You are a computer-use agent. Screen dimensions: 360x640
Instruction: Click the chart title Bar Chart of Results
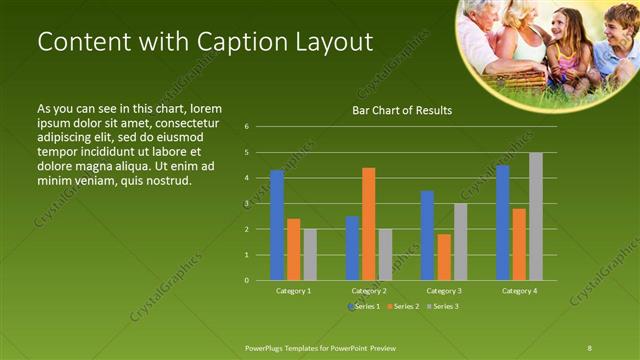pos(401,110)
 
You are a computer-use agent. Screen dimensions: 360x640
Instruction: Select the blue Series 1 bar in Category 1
pos(277,225)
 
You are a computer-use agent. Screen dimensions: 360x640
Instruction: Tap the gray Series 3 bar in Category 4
pos(536,216)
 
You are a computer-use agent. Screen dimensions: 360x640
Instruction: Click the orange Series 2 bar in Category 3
pos(444,257)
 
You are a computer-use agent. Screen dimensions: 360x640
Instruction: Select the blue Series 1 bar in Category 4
pos(502,222)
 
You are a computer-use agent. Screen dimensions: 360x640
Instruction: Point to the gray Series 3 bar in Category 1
pos(310,254)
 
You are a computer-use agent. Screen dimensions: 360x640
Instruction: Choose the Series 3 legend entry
pos(444,305)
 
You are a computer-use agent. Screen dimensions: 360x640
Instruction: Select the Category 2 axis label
pos(369,290)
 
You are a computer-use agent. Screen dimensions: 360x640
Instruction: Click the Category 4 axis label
pos(519,290)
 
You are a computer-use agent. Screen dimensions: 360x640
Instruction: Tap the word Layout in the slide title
pos(334,42)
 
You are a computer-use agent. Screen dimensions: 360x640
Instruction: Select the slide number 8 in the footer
pos(589,347)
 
